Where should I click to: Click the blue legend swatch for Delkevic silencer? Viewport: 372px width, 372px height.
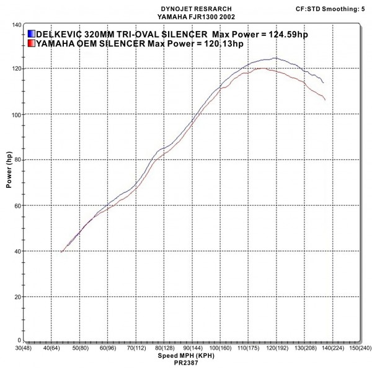click(x=31, y=33)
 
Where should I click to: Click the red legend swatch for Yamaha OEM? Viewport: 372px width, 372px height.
click(x=31, y=43)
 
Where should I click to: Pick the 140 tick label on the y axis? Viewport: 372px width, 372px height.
click(x=14, y=24)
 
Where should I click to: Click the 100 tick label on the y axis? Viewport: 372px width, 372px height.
click(x=14, y=115)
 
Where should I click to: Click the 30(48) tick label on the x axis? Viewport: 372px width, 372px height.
click(x=23, y=349)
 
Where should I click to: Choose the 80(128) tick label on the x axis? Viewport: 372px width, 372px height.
click(x=164, y=349)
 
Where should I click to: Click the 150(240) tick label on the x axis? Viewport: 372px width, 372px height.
click(x=360, y=349)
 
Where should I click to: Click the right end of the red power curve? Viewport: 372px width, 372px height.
click(x=325, y=99)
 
